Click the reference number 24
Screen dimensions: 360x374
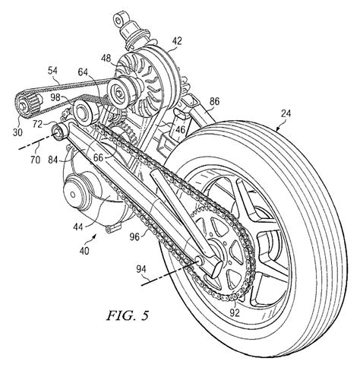point(286,113)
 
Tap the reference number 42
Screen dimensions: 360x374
point(176,40)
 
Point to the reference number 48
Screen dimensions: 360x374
point(106,59)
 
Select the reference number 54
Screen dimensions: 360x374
point(52,71)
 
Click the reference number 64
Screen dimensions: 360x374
point(83,72)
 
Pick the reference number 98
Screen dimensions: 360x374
point(55,97)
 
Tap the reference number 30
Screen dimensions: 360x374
point(17,132)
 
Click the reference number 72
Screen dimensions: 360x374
point(38,125)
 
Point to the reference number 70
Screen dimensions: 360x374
point(35,160)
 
